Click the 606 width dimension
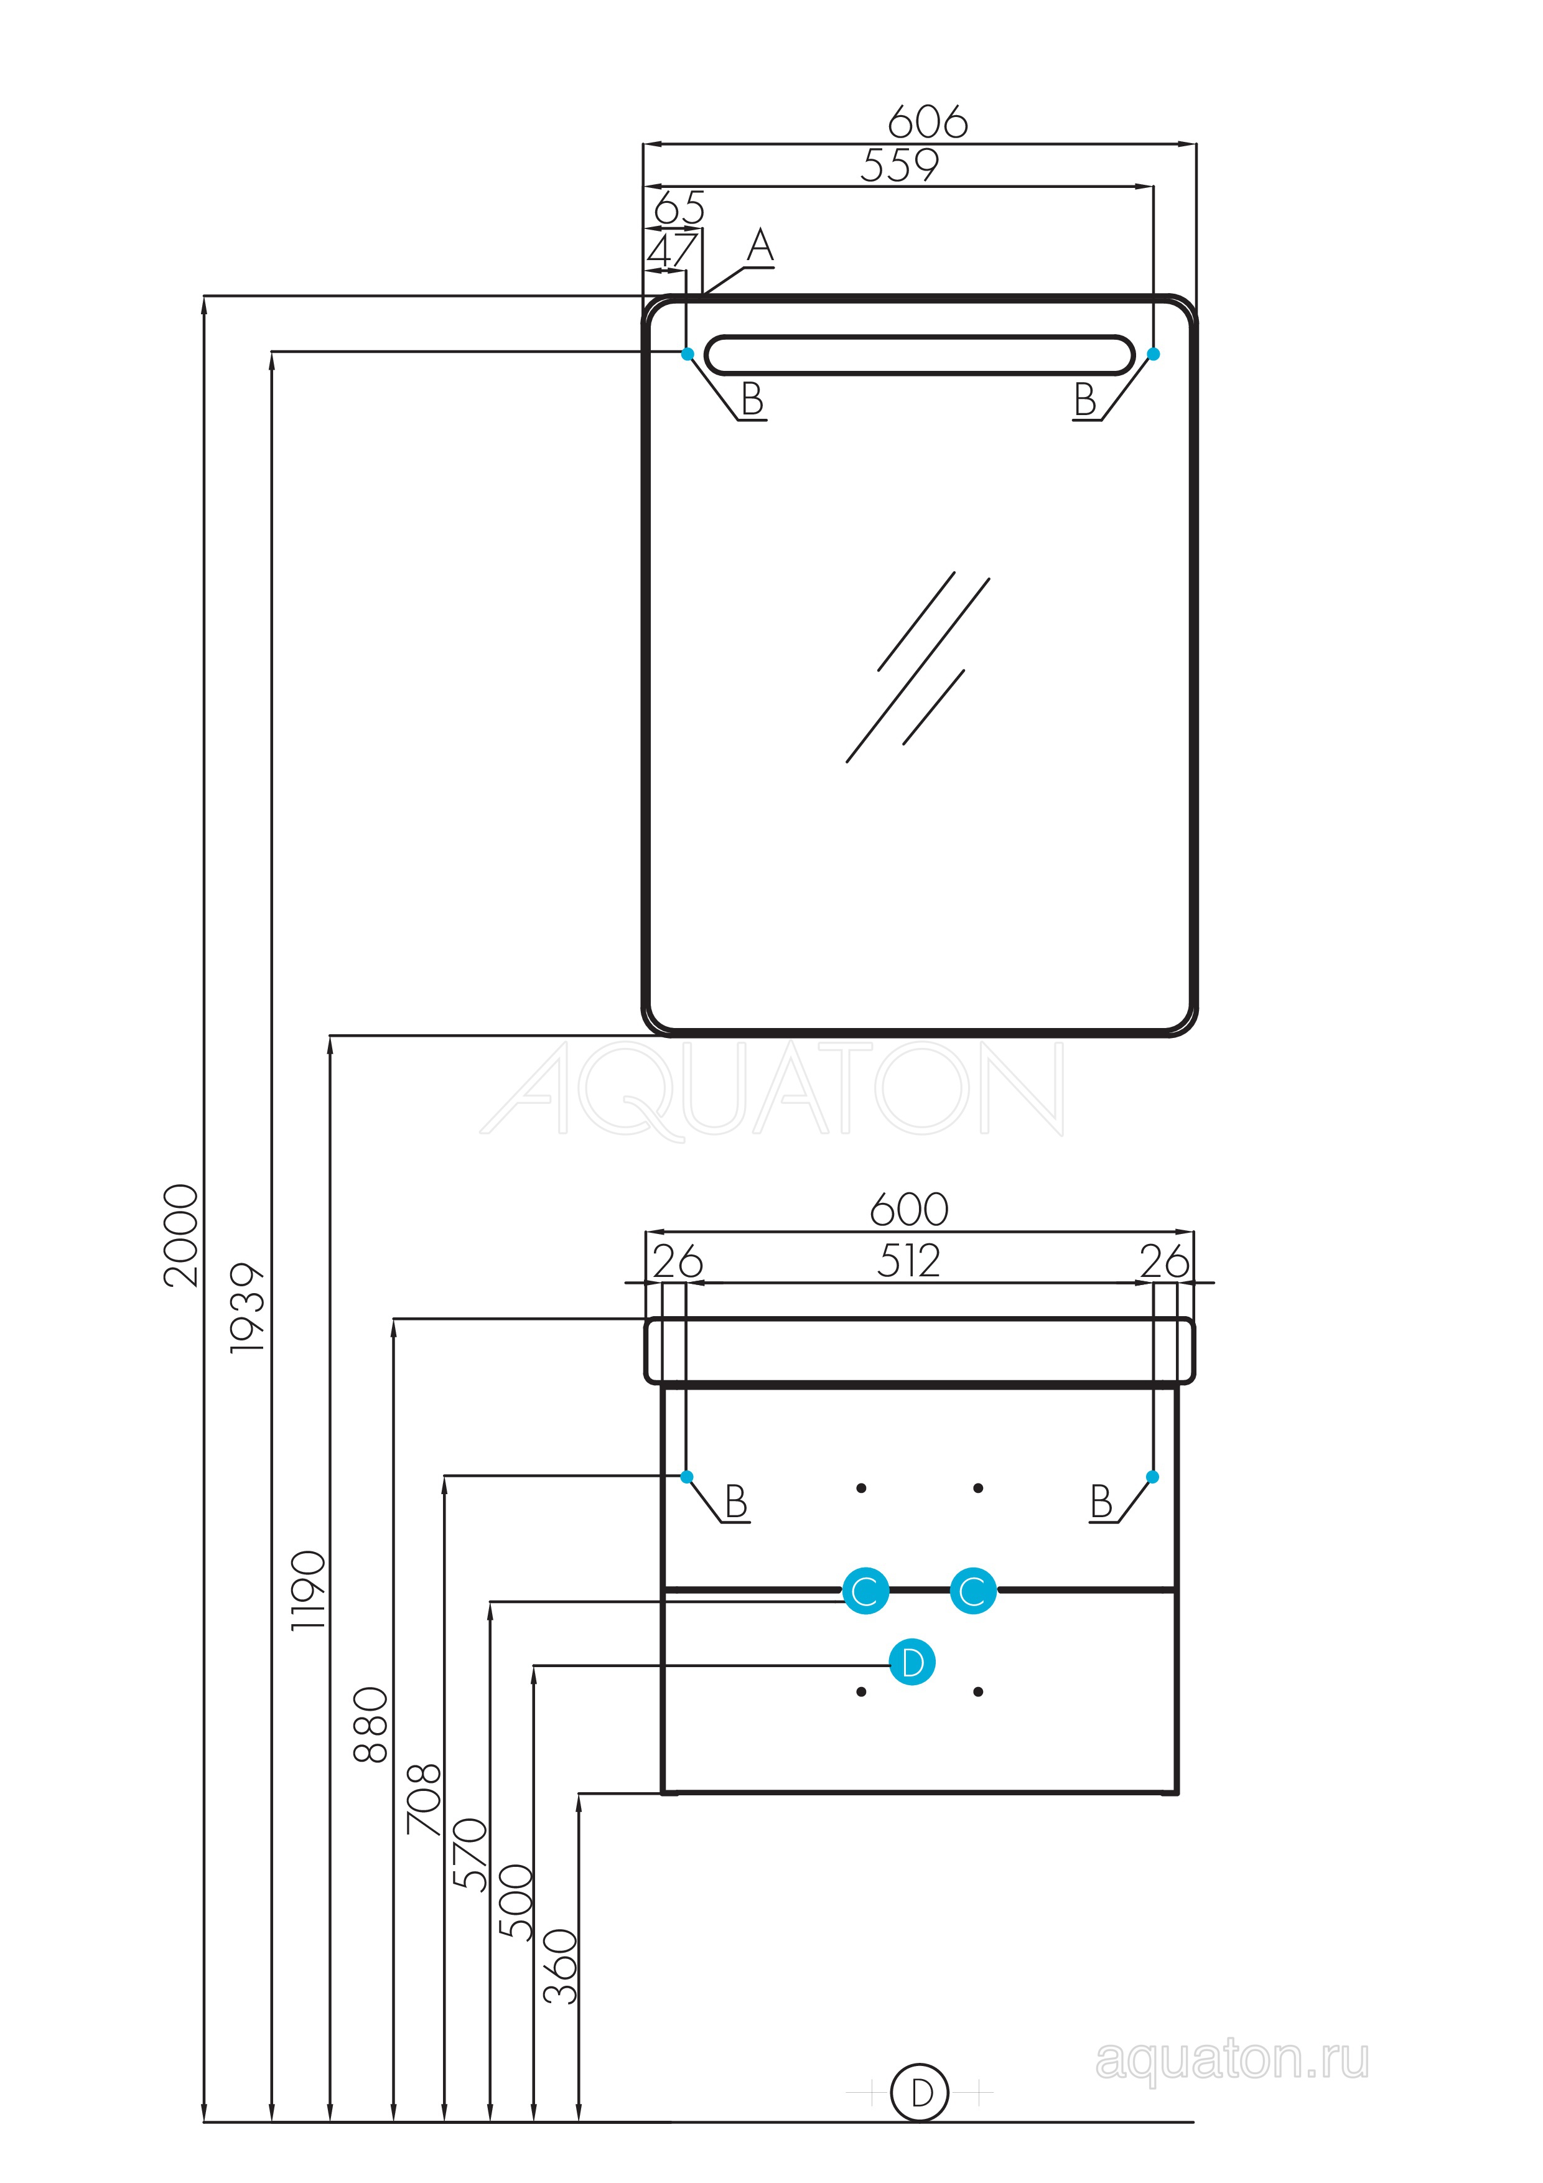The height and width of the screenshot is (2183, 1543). click(927, 122)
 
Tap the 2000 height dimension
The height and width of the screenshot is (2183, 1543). click(180, 1236)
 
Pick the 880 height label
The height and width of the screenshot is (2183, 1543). click(371, 1726)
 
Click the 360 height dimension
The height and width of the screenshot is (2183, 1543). click(560, 1966)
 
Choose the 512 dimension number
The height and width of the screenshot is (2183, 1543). click(908, 1261)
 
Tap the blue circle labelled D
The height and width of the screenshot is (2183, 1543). click(911, 1662)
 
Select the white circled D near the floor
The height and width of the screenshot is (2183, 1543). click(920, 2092)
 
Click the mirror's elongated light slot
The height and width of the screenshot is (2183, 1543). click(920, 355)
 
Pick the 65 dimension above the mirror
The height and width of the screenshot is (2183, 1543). click(679, 207)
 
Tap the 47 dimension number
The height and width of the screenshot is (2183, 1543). click(672, 251)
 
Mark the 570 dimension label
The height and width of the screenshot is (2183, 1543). click(470, 1854)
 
